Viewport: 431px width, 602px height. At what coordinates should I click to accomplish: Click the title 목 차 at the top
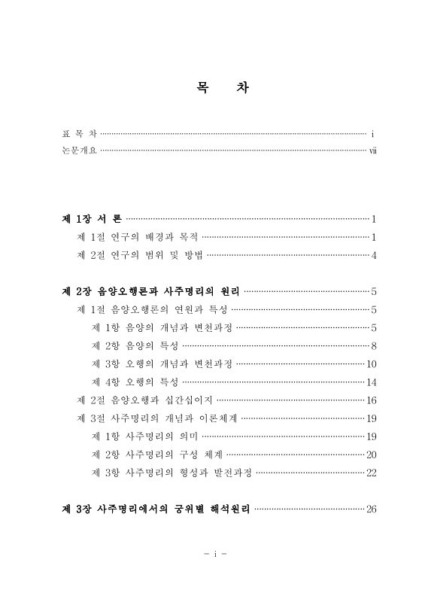pyautogui.click(x=215, y=88)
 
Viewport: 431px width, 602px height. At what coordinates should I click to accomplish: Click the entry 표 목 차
pyautogui.click(x=79, y=133)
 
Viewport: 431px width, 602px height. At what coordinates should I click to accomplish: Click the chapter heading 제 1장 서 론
pyautogui.click(x=92, y=219)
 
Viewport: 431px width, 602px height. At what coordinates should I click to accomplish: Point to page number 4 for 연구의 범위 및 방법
pyautogui.click(x=373, y=255)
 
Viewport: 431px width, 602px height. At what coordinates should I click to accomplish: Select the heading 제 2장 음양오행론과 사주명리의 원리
pyautogui.click(x=150, y=291)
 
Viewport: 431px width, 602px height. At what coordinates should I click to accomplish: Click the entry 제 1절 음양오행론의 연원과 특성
pyautogui.click(x=152, y=309)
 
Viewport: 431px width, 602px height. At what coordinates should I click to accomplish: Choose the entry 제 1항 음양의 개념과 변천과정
pyautogui.click(x=161, y=327)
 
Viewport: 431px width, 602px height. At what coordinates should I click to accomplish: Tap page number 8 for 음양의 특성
pyautogui.click(x=373, y=345)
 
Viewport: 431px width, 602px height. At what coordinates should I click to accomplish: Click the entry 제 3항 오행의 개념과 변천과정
pyautogui.click(x=161, y=363)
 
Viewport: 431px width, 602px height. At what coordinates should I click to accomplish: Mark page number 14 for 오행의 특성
pyautogui.click(x=371, y=382)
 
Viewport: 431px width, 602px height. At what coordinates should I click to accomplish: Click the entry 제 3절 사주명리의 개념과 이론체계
pyautogui.click(x=157, y=418)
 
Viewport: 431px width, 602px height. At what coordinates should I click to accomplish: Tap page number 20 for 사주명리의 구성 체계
pyautogui.click(x=371, y=454)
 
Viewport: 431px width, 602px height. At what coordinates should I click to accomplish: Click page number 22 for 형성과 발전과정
pyautogui.click(x=371, y=472)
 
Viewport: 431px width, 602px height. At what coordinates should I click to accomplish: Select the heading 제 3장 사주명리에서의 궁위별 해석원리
pyautogui.click(x=156, y=509)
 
